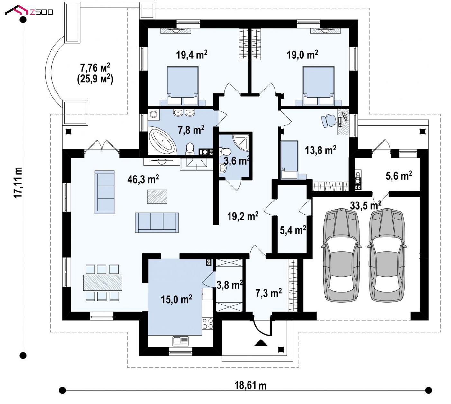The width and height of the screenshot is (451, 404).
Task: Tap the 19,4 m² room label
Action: tap(192, 55)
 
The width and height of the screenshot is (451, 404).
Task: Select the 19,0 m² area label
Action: tap(302, 55)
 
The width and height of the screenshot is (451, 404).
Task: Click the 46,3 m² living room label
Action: tap(143, 179)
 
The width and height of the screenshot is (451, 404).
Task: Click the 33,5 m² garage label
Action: tap(365, 205)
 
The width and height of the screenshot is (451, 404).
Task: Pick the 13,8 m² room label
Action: tap(320, 150)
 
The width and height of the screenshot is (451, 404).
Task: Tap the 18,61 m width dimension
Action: tap(250, 385)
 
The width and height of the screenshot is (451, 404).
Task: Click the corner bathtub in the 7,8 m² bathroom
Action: tap(162, 141)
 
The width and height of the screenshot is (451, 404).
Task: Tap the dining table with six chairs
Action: tap(103, 282)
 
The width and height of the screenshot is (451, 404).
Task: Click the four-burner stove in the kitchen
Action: tap(207, 323)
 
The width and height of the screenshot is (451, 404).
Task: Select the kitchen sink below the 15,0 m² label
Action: tap(181, 341)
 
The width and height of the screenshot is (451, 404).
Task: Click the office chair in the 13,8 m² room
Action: tap(328, 121)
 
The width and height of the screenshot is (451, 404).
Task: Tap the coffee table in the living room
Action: tap(157, 196)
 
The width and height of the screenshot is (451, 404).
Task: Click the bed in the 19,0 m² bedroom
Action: tap(318, 86)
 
